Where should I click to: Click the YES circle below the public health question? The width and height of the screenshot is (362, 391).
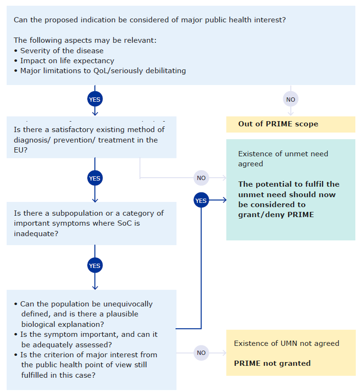coord(94,99)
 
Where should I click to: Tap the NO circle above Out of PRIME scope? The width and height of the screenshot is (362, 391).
coord(291,99)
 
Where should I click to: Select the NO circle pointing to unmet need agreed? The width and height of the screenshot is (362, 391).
coord(201,178)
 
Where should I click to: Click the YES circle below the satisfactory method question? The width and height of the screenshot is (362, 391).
coord(94,178)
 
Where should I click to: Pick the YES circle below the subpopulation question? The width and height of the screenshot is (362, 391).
coord(94,266)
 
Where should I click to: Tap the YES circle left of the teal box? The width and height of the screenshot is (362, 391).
coord(201,200)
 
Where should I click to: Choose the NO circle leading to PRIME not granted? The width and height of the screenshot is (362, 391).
coord(201,353)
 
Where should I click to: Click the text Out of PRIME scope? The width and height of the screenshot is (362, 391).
coord(278,124)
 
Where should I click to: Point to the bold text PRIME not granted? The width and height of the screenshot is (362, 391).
coord(272,363)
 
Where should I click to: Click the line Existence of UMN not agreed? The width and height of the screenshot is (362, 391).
coord(287,343)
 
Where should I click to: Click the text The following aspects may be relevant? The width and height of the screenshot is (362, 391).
coord(85,40)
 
